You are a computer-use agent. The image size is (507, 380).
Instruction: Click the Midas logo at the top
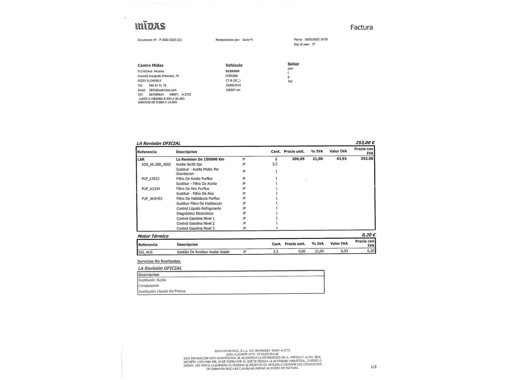click(150, 26)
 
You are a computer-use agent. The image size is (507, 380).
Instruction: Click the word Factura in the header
click(361, 27)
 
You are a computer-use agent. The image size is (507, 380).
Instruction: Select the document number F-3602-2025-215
click(170, 40)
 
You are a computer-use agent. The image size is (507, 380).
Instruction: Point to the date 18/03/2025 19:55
click(316, 39)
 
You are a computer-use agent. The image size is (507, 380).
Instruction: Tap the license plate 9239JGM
click(232, 71)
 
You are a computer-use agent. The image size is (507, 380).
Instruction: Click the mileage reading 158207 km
click(233, 90)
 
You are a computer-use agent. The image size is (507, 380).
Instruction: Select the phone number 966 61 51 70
click(157, 85)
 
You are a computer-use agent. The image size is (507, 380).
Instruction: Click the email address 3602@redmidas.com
click(162, 90)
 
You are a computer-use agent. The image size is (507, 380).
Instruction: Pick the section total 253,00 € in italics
click(365, 142)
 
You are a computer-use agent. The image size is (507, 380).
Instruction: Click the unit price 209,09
click(298, 159)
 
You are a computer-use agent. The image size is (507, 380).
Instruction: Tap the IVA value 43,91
click(342, 159)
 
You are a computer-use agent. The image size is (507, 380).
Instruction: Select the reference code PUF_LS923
click(150, 179)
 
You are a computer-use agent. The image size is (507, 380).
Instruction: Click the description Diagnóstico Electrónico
click(195, 214)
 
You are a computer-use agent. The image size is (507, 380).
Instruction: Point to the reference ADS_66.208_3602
click(156, 164)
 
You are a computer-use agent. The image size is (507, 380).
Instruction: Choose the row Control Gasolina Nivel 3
click(195, 228)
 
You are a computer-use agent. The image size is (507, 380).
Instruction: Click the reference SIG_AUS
click(145, 252)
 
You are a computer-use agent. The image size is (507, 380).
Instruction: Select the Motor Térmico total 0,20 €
click(368, 235)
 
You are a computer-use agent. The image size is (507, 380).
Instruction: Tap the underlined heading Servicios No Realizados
click(159, 261)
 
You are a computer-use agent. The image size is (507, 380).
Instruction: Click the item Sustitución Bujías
click(152, 280)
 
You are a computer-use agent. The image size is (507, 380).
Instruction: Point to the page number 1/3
click(374, 367)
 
